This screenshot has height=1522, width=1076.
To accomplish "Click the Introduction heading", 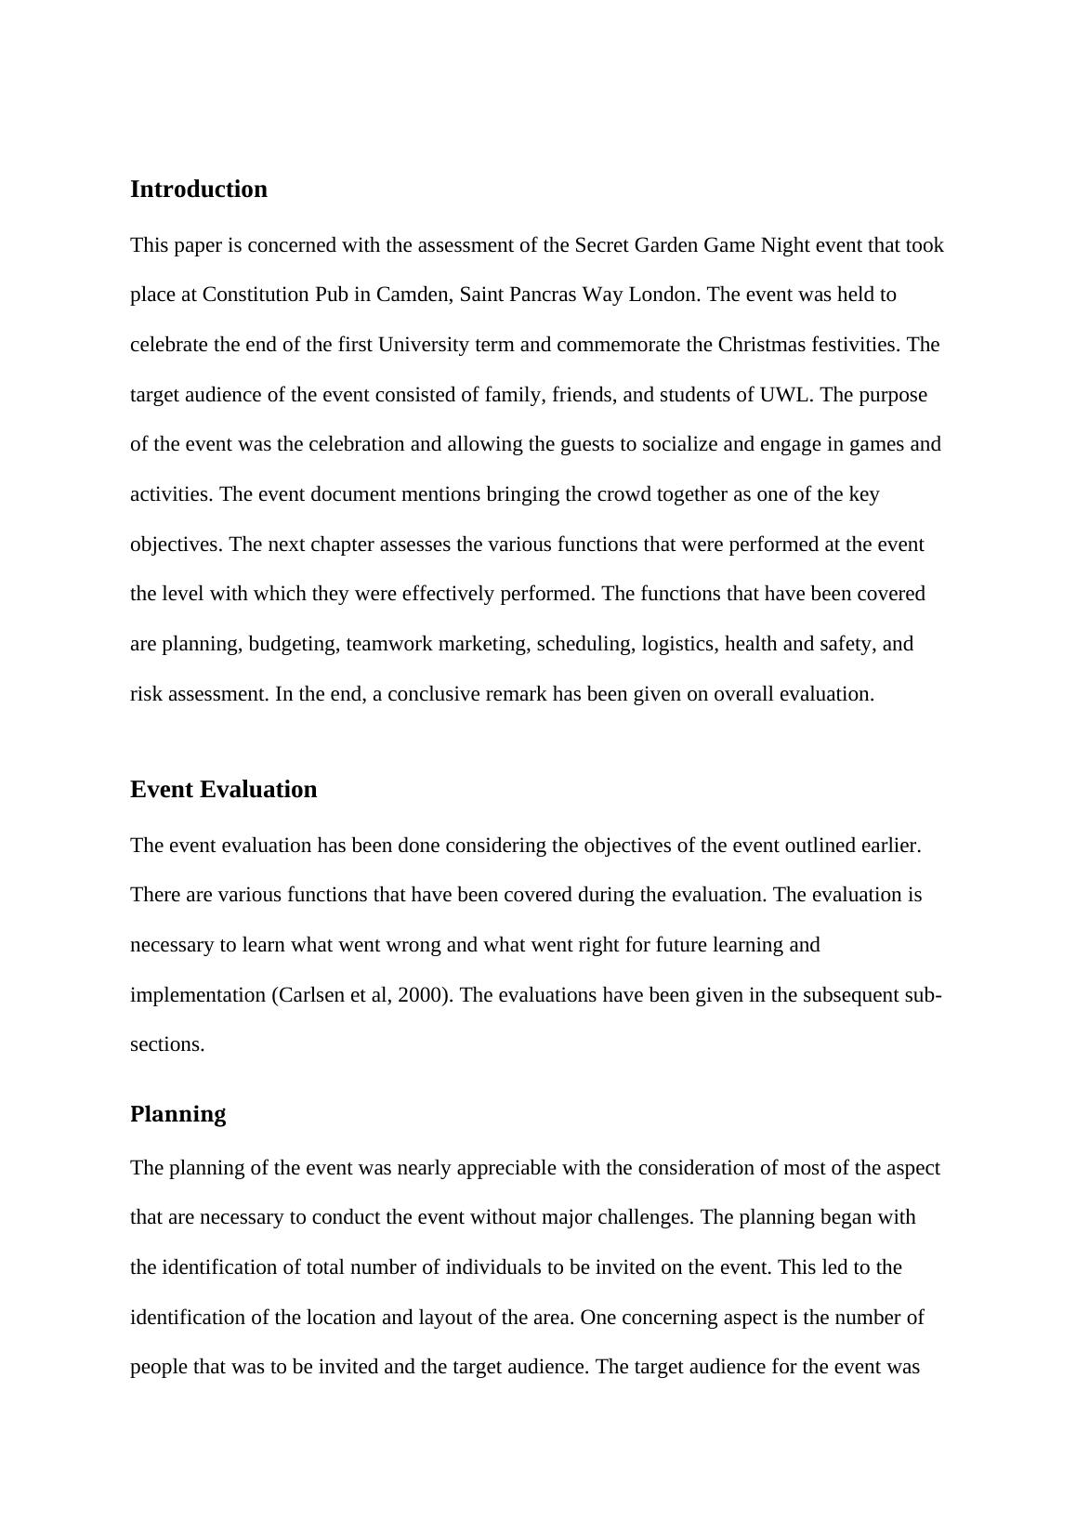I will [x=198, y=190].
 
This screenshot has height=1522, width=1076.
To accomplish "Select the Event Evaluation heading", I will [x=223, y=790].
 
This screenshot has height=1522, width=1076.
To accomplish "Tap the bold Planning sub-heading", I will [x=177, y=1114].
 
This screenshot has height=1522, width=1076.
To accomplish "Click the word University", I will [x=420, y=345].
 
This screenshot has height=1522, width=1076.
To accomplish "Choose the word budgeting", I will [x=294, y=644].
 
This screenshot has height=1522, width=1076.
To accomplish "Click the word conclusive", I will [x=434, y=694].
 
